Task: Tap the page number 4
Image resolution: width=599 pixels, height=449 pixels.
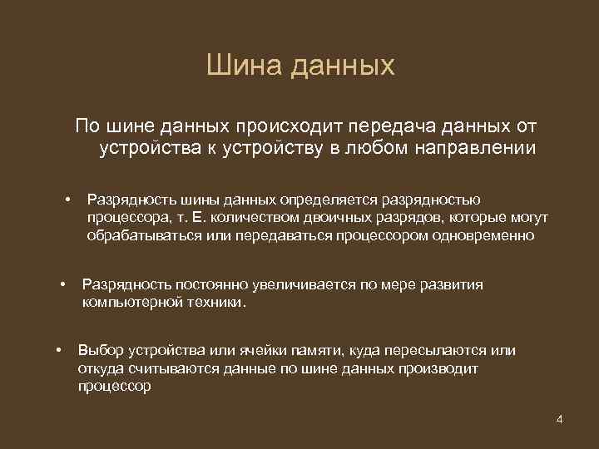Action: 560,418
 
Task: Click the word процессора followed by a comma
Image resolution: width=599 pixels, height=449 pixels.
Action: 127,218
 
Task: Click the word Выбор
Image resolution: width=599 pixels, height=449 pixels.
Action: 97,351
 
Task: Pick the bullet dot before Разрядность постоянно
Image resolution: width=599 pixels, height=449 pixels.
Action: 62,285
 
